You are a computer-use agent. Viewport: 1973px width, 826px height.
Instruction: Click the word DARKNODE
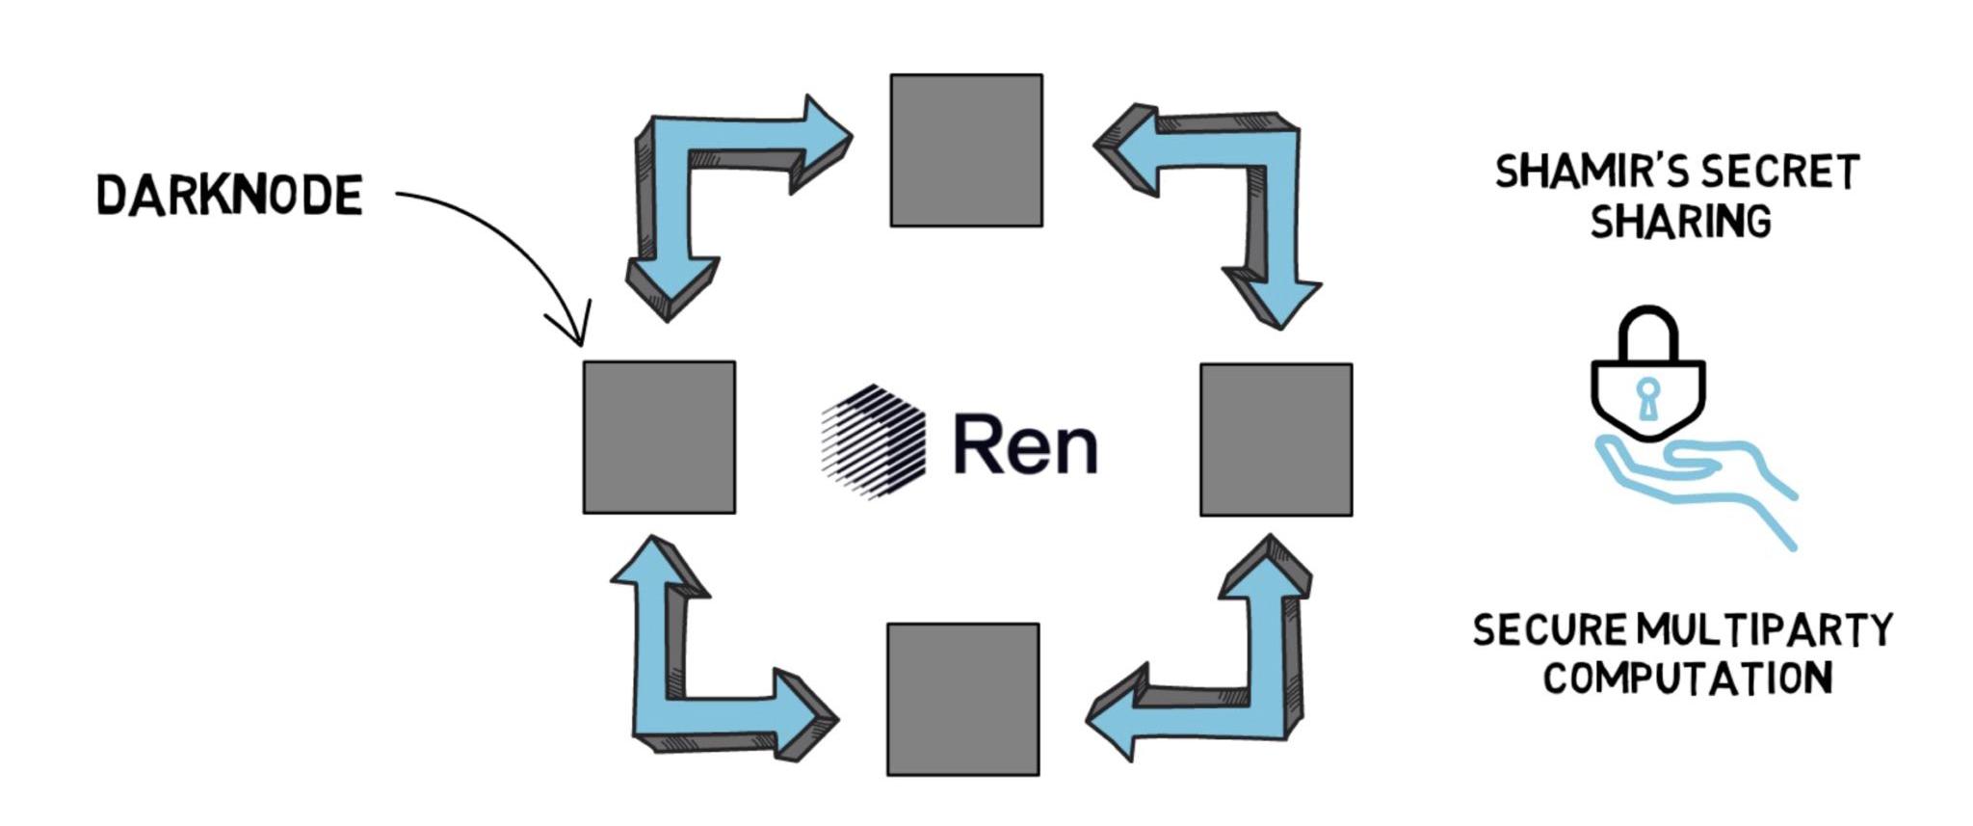229,196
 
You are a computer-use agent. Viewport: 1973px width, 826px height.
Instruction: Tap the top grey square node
965,150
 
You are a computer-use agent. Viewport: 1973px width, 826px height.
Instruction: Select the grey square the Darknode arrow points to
659,438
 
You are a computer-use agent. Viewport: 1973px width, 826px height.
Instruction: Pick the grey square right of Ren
1276,440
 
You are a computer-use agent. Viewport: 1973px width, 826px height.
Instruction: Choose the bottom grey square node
962,699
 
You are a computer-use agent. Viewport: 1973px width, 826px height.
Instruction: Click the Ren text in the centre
1025,444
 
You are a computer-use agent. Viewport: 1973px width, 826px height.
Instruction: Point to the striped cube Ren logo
873,442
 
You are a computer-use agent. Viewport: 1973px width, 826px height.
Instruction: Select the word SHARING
1680,222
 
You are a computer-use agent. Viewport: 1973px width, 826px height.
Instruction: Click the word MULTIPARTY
1764,630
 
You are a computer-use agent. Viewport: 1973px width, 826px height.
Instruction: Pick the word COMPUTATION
1687,678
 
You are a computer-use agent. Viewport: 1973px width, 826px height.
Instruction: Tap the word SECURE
1548,630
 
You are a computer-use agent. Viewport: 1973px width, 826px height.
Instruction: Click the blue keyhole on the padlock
1648,396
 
